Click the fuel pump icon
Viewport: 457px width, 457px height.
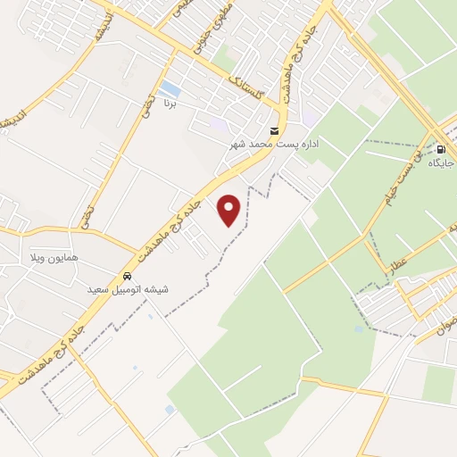tap(440, 149)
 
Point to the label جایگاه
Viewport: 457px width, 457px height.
tap(441, 163)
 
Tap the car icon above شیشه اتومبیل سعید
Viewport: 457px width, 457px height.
tap(129, 276)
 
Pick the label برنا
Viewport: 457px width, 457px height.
tap(170, 105)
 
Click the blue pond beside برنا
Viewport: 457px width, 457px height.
tap(170, 89)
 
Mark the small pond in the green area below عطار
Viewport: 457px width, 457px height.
tap(358, 329)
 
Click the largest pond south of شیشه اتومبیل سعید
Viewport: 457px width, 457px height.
tap(170, 410)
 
